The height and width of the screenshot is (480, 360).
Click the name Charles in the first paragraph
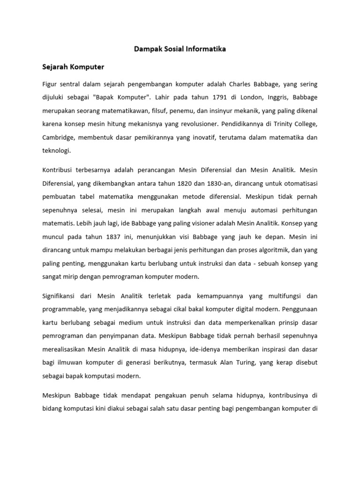(x=241, y=84)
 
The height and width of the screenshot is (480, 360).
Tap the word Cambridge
(x=58, y=138)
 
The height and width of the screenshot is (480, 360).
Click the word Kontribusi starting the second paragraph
(x=59, y=169)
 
